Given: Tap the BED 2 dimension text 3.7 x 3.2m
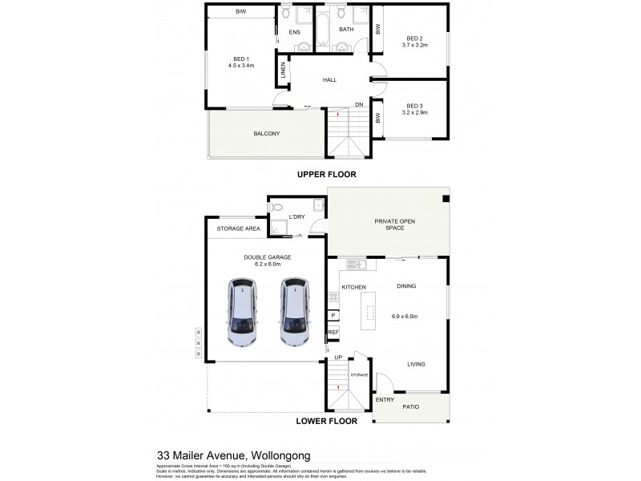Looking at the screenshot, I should tap(415, 45).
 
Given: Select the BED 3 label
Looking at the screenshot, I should tap(414, 106).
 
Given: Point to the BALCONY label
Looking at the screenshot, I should tap(266, 134).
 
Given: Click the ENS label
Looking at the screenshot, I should tap(294, 32).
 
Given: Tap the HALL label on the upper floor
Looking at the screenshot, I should tap(329, 80).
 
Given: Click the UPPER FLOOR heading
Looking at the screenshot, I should tap(326, 174).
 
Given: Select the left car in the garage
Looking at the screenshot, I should tap(240, 311).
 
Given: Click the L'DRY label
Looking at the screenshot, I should tap(296, 217).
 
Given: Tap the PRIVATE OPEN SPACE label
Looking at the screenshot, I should tap(388, 224).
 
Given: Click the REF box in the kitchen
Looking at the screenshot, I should tap(333, 332).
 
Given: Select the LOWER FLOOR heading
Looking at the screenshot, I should tap(325, 420).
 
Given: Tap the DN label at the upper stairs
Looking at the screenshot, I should tap(360, 105).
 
